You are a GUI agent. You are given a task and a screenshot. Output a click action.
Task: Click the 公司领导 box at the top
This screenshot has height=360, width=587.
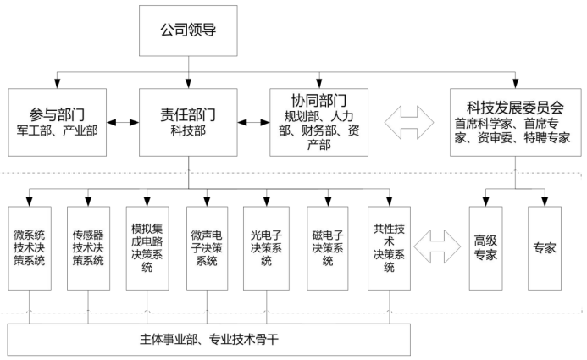click(188, 30)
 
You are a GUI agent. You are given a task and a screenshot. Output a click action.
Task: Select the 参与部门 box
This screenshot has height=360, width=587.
click(58, 122)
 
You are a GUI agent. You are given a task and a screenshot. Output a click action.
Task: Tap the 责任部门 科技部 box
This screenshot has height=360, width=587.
click(188, 122)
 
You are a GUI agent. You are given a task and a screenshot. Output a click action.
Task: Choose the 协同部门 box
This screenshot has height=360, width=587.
click(319, 122)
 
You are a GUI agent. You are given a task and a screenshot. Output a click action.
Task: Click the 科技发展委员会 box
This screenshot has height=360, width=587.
click(516, 122)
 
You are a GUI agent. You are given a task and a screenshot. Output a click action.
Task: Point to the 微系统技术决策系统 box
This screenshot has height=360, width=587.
click(30, 248)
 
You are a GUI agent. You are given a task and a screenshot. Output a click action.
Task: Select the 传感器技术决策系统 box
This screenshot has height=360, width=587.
click(88, 248)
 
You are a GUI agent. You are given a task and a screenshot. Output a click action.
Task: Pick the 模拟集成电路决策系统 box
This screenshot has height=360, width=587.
click(147, 248)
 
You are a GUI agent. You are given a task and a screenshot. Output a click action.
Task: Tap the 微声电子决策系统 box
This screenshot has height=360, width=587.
click(207, 248)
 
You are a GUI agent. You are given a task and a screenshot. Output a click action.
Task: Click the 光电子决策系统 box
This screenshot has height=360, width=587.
click(266, 248)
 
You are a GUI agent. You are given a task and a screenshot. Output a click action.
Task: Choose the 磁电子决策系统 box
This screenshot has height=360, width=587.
click(328, 248)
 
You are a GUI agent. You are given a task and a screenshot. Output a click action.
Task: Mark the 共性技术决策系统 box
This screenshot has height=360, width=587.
click(389, 248)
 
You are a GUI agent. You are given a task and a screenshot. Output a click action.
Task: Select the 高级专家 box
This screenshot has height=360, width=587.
click(485, 248)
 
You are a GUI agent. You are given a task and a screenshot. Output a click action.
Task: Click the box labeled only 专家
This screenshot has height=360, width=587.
click(545, 248)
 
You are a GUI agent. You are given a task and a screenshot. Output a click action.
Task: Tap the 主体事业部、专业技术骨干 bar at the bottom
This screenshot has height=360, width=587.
click(209, 340)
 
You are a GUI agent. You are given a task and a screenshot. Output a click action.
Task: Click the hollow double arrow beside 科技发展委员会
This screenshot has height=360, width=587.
click(409, 122)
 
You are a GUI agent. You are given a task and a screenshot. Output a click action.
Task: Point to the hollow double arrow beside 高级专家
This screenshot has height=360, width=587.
click(437, 247)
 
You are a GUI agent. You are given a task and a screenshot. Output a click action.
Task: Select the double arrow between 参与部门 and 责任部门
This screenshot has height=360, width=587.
click(123, 122)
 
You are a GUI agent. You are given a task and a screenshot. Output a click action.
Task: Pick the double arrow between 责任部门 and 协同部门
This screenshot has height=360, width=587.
click(253, 122)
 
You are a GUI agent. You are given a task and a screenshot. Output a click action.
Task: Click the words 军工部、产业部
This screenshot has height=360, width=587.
click(58, 130)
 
